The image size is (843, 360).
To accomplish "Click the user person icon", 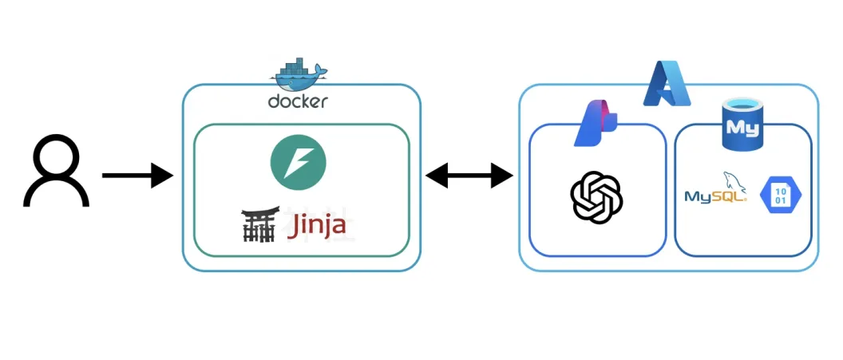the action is point(56,170).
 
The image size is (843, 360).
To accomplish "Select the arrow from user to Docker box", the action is point(137,175).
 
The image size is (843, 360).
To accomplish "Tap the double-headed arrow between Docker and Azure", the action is point(469,175).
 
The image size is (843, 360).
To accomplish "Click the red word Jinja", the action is point(316,226).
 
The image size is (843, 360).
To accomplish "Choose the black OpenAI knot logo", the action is point(597,196).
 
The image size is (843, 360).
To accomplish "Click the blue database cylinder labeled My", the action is point(742,126).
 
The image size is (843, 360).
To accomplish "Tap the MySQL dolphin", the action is point(735,181).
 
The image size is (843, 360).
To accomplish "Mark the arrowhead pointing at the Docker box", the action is point(162,175).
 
